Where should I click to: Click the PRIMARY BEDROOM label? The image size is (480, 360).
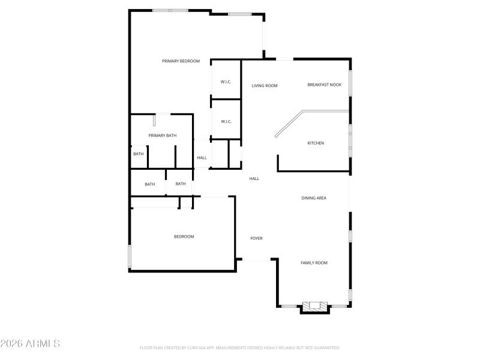[181, 61]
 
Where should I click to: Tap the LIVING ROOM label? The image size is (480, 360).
[264, 86]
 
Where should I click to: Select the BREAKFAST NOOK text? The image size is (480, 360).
[324, 85]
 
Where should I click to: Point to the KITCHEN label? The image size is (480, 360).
[316, 143]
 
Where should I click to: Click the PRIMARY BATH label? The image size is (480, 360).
[163, 136]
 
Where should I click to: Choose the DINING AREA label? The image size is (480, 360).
[313, 198]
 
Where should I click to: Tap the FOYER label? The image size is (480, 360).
[256, 238]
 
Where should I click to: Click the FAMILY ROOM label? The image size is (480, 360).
[314, 263]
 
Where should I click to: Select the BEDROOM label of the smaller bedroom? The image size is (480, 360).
[184, 236]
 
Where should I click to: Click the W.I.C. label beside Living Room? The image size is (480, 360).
[226, 82]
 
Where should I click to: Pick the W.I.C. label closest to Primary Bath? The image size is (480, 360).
[226, 122]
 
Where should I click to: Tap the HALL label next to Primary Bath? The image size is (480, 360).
[202, 158]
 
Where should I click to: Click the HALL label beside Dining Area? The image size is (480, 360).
[254, 178]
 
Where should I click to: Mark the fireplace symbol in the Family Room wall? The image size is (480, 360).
[314, 307]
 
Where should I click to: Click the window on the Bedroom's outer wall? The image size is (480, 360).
[129, 256]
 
